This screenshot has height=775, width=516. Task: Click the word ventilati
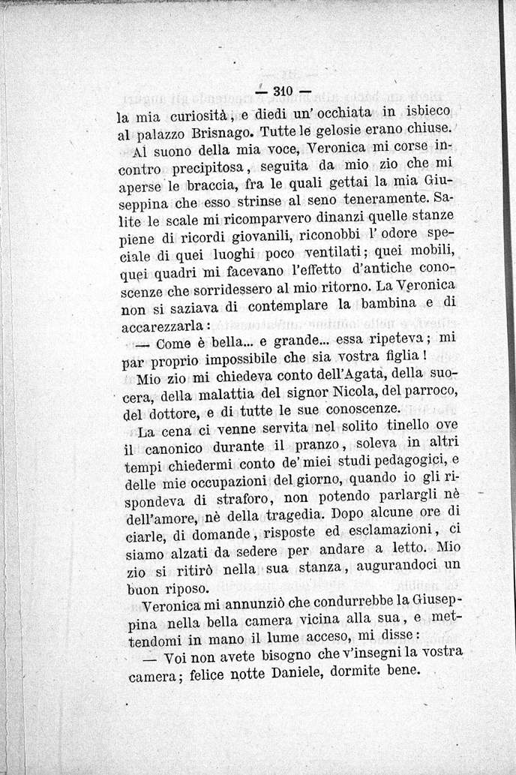click(346, 251)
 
